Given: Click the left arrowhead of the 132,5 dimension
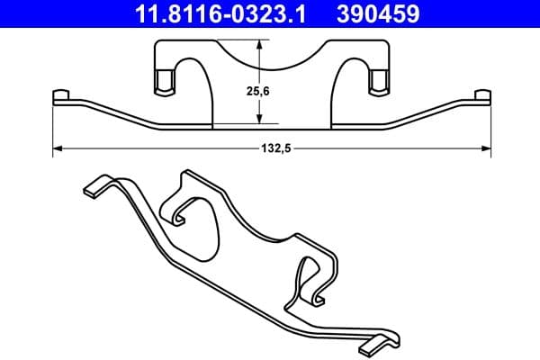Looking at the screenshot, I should point(58,147).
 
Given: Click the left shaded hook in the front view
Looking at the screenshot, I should point(165,83).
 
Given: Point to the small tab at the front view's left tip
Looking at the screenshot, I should point(61,95).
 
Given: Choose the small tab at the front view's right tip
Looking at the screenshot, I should point(483,95).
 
